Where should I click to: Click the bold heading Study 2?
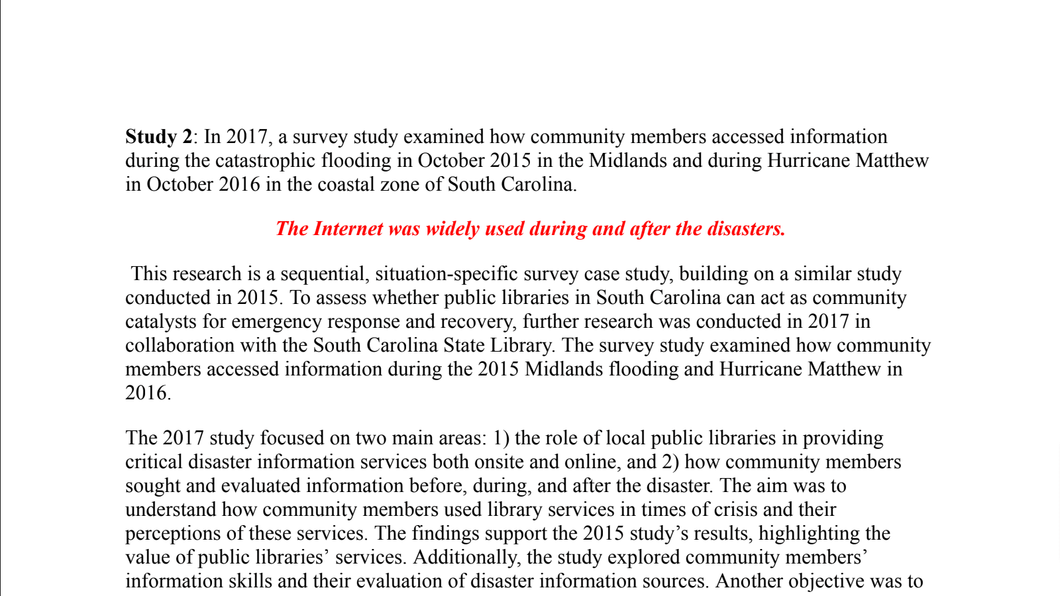coord(158,136)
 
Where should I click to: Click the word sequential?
coord(323,273)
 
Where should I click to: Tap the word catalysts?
coord(161,321)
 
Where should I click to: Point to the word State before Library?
coord(464,345)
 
